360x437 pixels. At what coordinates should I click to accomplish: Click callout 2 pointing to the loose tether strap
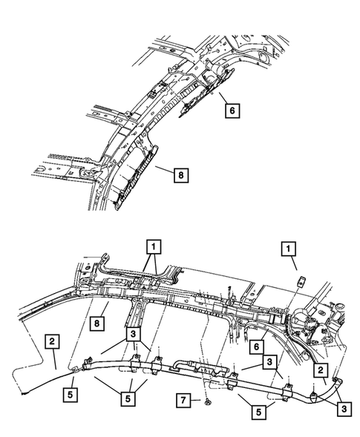pos(52,341)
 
